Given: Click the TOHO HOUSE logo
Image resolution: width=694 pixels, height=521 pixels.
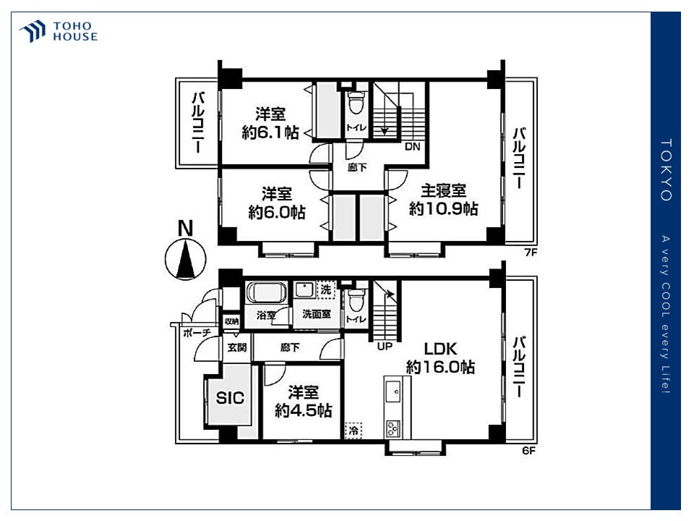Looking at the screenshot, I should (x=59, y=31).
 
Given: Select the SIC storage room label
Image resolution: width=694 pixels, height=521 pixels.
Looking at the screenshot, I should (x=230, y=397).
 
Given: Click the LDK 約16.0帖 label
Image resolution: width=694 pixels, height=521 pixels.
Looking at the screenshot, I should (x=440, y=357).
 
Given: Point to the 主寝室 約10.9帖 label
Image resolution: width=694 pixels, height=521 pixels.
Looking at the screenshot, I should (x=442, y=200).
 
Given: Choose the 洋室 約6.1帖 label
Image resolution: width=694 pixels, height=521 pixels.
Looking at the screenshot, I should (x=270, y=124).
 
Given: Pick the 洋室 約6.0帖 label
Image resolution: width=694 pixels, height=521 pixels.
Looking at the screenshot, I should (x=276, y=203).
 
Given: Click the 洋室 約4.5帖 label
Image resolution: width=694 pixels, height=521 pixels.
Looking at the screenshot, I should (x=303, y=401).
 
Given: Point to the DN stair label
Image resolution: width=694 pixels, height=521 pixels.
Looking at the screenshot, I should (x=412, y=147).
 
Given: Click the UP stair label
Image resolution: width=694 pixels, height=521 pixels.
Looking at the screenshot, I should (x=385, y=346).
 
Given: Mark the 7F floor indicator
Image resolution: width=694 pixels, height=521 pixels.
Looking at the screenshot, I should (x=531, y=253).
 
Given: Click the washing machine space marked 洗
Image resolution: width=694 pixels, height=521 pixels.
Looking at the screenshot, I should (x=326, y=289).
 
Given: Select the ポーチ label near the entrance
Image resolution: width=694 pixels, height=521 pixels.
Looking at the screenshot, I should (x=197, y=333).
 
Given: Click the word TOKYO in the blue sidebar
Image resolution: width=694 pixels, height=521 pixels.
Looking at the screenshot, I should (x=666, y=170).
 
